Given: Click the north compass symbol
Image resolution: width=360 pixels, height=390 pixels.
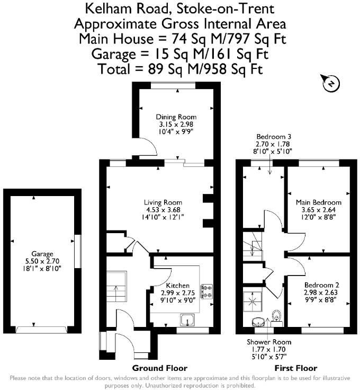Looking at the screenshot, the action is click(x=330, y=83).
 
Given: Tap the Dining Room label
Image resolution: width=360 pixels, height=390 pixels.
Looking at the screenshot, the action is click(x=176, y=117).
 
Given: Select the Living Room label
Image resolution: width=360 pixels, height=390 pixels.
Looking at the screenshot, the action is click(x=163, y=202).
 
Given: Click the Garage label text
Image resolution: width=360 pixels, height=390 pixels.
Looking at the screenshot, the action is click(x=42, y=254).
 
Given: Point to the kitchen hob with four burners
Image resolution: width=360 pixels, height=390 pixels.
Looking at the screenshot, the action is click(x=206, y=291).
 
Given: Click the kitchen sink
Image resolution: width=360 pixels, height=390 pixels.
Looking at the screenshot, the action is click(x=187, y=320).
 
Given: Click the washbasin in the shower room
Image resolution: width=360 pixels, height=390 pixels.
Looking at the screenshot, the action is click(x=258, y=322).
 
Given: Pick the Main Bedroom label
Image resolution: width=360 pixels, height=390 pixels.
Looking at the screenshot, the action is click(x=319, y=202).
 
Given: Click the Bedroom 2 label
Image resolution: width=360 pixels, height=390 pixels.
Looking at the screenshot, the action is click(x=322, y=285).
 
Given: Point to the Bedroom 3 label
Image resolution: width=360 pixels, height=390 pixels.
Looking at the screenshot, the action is click(x=274, y=137).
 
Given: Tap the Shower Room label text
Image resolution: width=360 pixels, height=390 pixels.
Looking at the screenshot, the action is click(x=269, y=342).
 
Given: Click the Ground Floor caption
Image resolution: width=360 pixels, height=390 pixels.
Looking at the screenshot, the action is click(x=160, y=368).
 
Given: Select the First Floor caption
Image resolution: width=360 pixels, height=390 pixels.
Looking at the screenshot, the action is click(x=296, y=368).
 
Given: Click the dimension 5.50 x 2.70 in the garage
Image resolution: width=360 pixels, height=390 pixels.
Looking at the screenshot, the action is click(x=42, y=261).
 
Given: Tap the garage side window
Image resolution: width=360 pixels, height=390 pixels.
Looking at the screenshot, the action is click(x=78, y=251).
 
